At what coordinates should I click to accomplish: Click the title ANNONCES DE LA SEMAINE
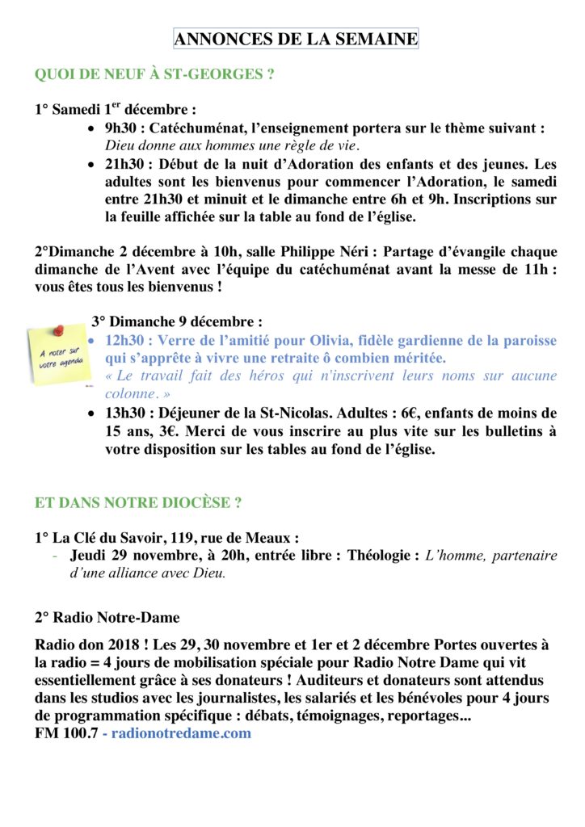tap(296, 39)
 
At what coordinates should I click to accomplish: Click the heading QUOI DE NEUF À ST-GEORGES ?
tap(154, 74)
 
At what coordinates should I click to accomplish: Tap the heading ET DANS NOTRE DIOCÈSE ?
tap(138, 502)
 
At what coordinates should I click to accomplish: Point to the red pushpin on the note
tap(59, 330)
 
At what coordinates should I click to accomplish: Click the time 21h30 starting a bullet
tap(124, 164)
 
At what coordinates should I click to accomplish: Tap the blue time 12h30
tap(124, 341)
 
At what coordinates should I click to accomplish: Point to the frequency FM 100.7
tap(67, 733)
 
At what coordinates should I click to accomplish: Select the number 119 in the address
tap(181, 537)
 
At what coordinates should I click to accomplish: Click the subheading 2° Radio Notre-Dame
tap(107, 617)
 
